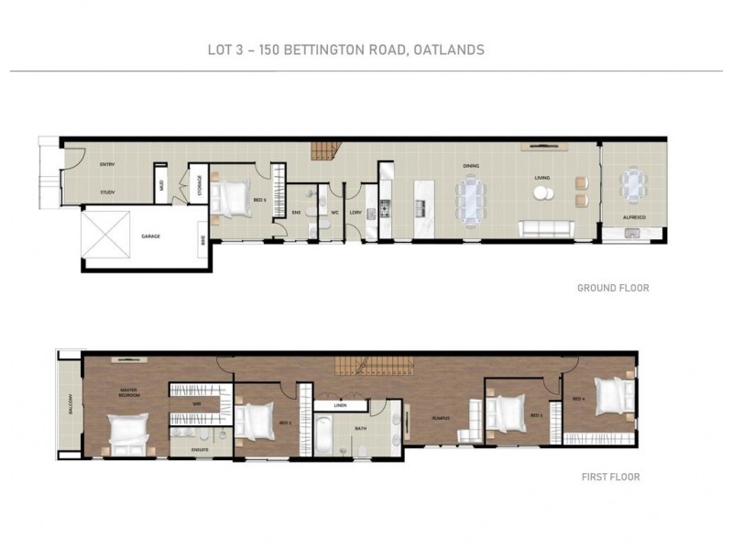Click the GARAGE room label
point(150,236)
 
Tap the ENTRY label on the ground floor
point(106,164)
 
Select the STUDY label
point(107,192)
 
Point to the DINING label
point(471,166)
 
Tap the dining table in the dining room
point(472,199)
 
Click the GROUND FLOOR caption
point(613,288)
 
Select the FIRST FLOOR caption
point(610,477)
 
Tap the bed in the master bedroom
point(127,432)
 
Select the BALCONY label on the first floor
point(68,405)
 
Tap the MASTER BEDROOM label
point(127,392)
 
